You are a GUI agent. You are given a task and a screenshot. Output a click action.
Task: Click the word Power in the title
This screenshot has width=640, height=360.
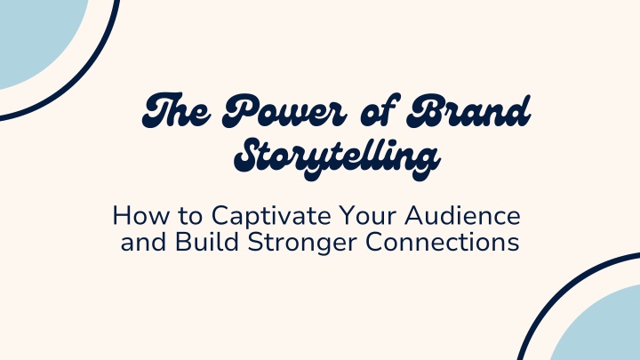tap(284, 110)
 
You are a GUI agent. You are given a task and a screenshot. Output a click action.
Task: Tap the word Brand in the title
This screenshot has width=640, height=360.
tap(468, 110)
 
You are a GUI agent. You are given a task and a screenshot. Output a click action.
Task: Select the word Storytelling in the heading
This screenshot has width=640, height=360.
tap(337, 158)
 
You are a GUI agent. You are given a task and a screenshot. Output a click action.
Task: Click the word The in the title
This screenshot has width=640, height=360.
tap(177, 110)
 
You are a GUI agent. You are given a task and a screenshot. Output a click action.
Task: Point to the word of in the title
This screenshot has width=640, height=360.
tap(378, 110)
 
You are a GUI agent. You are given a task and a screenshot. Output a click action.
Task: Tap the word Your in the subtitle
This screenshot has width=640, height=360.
tap(367, 215)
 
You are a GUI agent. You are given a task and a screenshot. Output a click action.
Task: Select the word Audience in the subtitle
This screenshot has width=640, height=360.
tap(462, 215)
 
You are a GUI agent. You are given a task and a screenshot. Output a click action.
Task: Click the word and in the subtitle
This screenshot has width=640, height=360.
tap(143, 242)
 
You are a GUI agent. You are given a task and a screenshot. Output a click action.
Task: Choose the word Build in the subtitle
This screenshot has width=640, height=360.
tap(207, 242)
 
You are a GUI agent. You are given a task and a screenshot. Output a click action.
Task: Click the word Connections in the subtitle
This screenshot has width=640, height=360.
tap(443, 242)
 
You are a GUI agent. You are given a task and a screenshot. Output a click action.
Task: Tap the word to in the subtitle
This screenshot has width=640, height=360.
tap(190, 216)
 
